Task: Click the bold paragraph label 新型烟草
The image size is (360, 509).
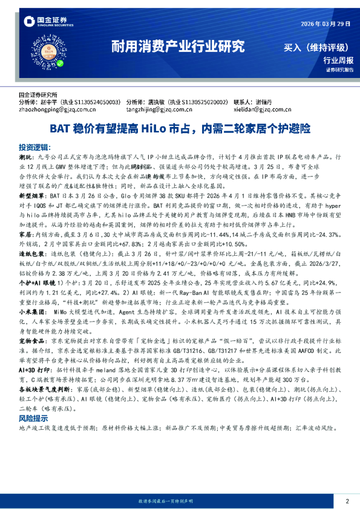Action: [32, 196]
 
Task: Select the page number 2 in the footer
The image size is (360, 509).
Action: [347, 501]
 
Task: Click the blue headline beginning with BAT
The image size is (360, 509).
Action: [180, 129]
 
